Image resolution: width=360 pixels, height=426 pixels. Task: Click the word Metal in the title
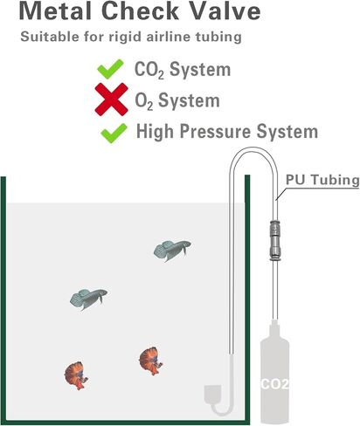point(55,10)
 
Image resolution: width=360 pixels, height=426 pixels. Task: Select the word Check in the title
point(140,10)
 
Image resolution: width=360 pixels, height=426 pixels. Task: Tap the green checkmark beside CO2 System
point(110,69)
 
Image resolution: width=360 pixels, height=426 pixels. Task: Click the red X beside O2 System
point(111,99)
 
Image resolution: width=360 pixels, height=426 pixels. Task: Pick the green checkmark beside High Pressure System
point(114,133)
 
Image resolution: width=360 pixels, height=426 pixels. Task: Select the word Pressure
point(215,131)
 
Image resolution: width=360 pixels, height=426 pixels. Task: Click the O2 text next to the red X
point(143,100)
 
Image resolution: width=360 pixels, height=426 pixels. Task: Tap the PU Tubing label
point(322,180)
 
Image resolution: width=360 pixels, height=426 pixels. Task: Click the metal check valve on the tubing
point(274,240)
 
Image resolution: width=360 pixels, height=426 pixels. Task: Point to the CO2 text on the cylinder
point(274,384)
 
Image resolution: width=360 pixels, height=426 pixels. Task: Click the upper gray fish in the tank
point(172,250)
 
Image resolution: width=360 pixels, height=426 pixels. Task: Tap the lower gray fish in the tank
point(88,299)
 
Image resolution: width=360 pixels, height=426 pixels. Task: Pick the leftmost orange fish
point(76,375)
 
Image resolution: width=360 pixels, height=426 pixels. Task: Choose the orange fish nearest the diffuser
point(150,361)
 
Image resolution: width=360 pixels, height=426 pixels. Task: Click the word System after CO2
point(200,70)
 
